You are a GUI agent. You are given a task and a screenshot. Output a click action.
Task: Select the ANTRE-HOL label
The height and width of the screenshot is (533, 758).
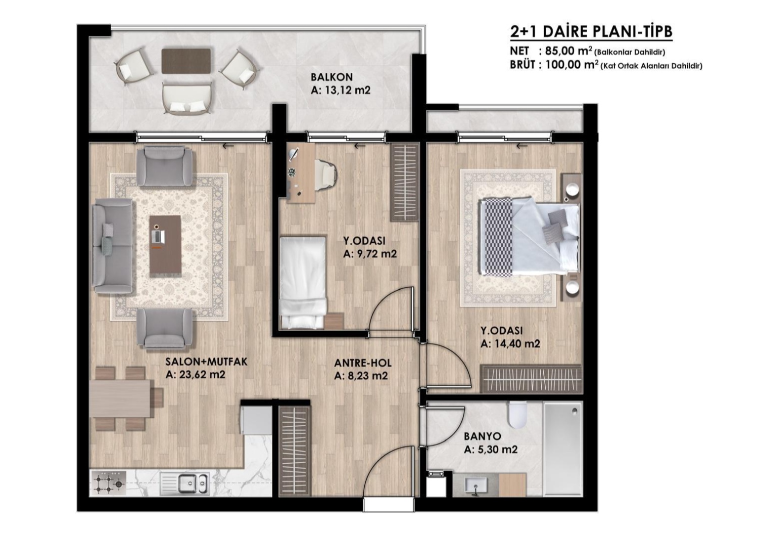coord(363,363)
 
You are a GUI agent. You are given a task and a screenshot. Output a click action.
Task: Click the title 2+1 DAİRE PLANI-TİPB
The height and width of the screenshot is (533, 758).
coord(591,32)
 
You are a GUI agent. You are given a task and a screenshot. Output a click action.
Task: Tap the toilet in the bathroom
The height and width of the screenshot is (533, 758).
coord(517,415)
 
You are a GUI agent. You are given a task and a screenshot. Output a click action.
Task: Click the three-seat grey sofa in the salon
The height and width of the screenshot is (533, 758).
coord(113,246)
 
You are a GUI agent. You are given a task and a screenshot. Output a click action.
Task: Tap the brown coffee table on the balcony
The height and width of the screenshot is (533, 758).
coord(186,61)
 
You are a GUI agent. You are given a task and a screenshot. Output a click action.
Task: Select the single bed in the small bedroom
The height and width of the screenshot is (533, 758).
coord(303,283)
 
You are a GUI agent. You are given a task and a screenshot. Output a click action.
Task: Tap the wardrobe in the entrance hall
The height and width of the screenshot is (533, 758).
coord(294,451)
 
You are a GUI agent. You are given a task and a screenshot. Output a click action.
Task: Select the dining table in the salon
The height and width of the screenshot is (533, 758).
coord(120,398)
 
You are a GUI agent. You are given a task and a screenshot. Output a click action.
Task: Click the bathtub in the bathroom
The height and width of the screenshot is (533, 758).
coord(563,449)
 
